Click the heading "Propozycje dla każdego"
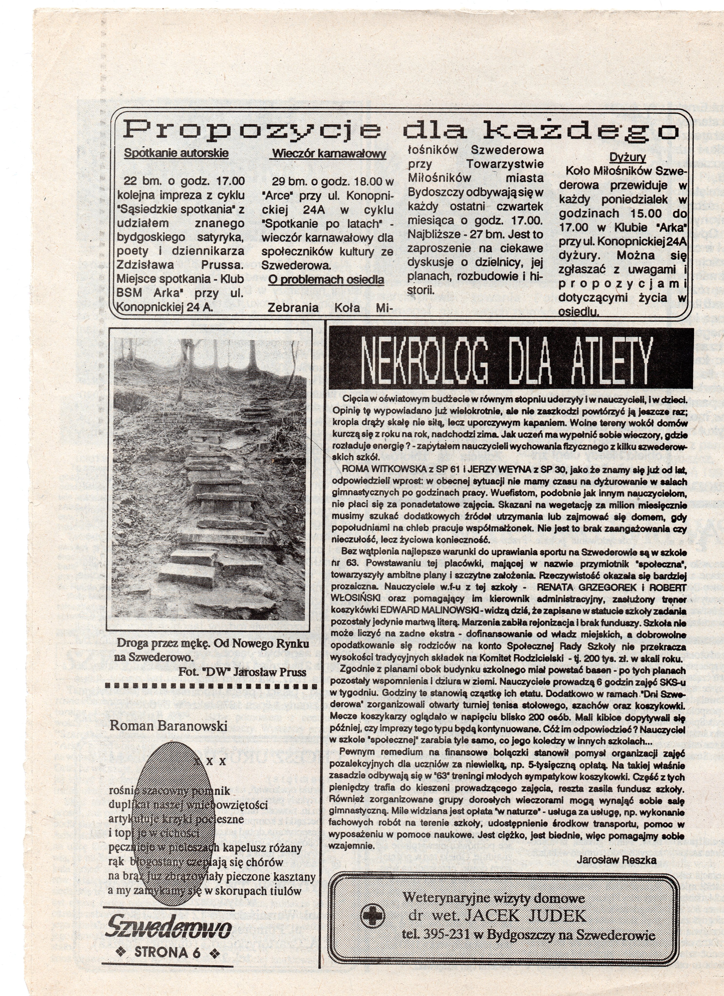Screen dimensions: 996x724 click(400, 130)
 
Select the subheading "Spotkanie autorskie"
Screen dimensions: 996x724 click(176, 153)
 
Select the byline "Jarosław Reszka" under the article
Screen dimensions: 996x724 click(616, 860)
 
